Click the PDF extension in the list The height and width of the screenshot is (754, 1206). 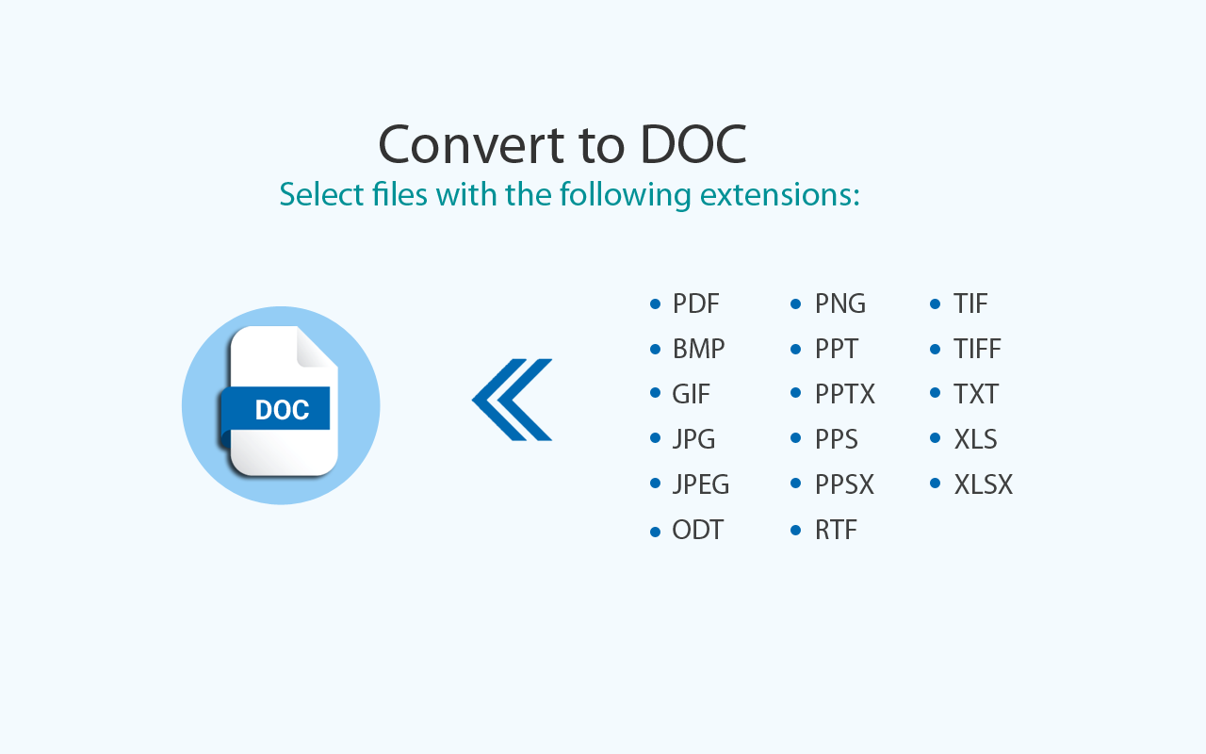click(695, 303)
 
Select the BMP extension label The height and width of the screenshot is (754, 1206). click(698, 349)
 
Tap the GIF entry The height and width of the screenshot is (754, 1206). click(691, 394)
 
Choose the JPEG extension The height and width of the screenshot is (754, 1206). click(700, 484)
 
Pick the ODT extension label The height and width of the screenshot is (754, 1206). click(697, 530)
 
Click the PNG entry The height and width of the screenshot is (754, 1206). click(839, 303)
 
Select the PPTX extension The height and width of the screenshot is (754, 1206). click(844, 394)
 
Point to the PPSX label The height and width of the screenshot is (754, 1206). click(844, 484)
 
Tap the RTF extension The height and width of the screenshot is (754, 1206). click(836, 530)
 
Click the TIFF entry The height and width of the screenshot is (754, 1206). click(977, 349)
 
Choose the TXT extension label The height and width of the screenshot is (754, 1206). click(975, 394)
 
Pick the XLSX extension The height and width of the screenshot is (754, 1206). click(983, 484)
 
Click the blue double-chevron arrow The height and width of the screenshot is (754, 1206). click(513, 400)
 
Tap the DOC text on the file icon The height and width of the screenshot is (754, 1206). click(282, 410)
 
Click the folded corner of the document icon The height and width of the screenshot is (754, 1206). click(316, 347)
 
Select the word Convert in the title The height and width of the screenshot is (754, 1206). click(462, 145)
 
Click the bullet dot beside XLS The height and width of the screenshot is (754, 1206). click(936, 438)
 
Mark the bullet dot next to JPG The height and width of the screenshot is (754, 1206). click(655, 438)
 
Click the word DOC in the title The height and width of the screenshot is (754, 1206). click(693, 145)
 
